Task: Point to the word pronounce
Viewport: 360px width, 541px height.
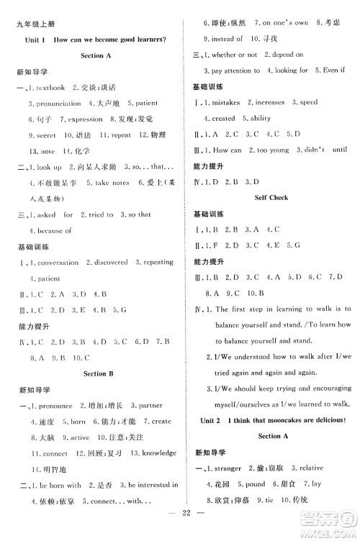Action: [x=53, y=406]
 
